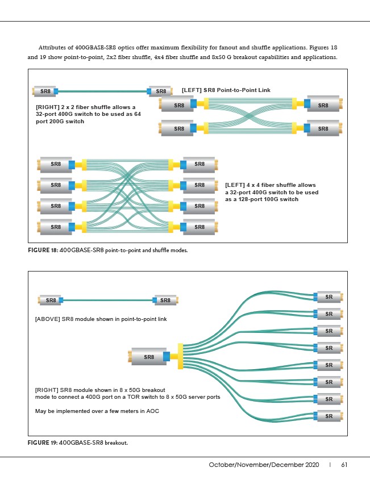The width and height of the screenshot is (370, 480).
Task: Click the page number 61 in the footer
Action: [344, 465]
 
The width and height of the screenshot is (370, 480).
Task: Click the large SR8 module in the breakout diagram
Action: [148, 357]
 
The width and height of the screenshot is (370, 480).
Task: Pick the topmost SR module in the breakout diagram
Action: [329, 297]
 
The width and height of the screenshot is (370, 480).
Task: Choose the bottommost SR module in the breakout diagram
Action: [329, 416]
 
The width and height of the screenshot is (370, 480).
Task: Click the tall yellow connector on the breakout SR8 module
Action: [180, 356]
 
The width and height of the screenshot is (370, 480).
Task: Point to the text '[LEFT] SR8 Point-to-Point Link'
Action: [226, 90]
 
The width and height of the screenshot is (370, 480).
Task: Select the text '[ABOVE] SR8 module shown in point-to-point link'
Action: [101, 319]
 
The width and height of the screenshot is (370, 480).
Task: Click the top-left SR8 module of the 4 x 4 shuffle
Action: [55, 164]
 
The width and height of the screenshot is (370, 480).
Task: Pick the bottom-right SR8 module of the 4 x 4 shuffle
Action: [199, 227]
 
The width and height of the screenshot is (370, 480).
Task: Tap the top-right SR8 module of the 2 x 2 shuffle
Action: [323, 105]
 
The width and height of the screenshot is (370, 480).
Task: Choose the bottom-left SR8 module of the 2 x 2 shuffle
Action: [178, 128]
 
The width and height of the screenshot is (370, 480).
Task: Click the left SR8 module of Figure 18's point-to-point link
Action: [44, 91]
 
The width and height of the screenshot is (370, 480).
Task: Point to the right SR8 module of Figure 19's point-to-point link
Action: [165, 300]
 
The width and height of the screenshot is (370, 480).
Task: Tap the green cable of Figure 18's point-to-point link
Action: [102, 90]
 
